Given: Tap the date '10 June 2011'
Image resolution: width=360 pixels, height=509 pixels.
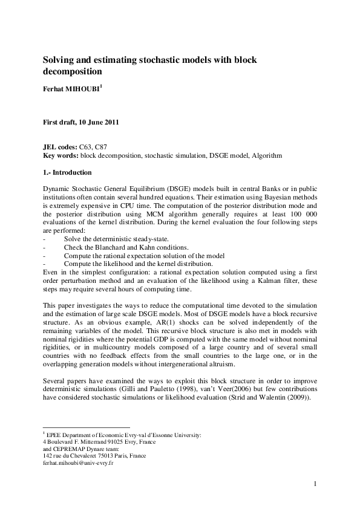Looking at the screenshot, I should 97,122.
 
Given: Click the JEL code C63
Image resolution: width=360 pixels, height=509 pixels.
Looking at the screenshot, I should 86,147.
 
